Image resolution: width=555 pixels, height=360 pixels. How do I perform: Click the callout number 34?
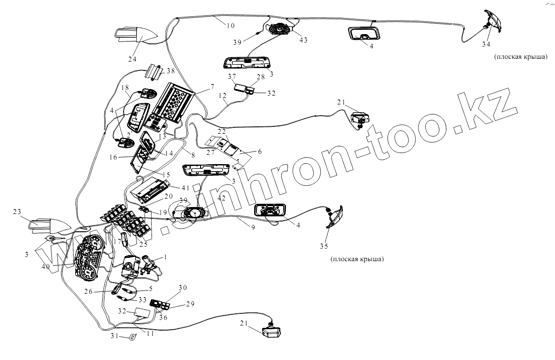486,44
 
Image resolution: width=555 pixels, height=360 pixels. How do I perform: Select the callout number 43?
303,40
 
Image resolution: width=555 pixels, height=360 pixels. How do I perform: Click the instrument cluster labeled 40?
89,259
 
